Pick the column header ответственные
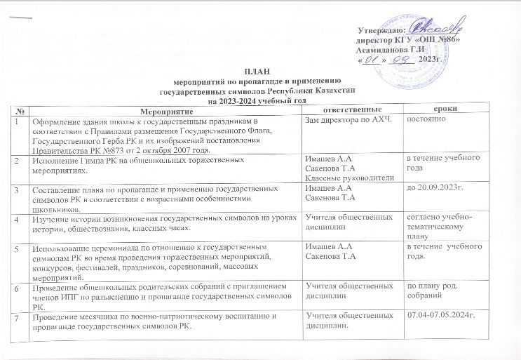pyautogui.click(x=346, y=112)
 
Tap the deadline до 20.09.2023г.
pyautogui.click(x=435, y=189)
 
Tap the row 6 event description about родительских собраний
pyautogui.click(x=161, y=296)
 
